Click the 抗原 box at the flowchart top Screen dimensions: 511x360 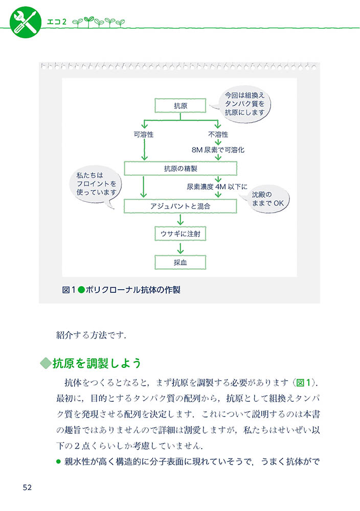coord(180,106)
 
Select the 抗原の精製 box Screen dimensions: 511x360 coord(180,169)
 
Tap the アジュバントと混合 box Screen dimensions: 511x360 coord(180,206)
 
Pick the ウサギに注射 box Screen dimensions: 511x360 coord(180,234)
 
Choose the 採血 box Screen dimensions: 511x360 coord(180,262)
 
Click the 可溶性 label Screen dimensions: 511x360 coord(144,134)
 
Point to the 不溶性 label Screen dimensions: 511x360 coord(218,134)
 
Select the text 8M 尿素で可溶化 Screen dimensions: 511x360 coord(218,150)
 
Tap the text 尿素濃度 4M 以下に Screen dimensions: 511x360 coord(217,187)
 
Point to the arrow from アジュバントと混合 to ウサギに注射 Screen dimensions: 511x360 coord(180,220)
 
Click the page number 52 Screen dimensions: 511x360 coord(27,487)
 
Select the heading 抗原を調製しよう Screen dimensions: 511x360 coord(96,363)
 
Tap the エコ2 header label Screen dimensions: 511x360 coord(58,21)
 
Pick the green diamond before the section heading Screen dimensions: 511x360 coord(46,364)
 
